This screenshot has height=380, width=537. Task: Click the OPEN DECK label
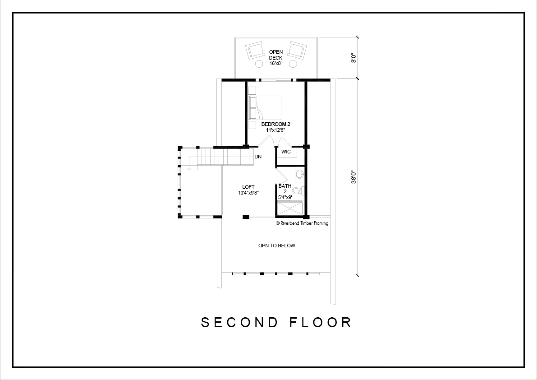coord(275,55)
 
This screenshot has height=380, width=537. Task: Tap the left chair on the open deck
coord(254,50)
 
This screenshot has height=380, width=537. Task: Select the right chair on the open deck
coord(297,50)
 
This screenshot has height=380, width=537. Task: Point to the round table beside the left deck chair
coord(258,64)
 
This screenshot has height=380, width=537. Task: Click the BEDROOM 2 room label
coord(275,124)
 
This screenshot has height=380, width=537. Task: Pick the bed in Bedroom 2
coord(266,107)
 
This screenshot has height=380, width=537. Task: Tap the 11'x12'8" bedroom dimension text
coord(275,130)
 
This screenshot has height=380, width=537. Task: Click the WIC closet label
coord(286,152)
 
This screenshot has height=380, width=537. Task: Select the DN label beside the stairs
coord(258,157)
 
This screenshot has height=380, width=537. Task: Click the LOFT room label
coord(248,187)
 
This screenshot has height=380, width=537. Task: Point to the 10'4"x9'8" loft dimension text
coord(248,193)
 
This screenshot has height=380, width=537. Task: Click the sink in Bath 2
coord(299,174)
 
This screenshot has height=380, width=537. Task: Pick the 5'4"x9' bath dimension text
coord(285,197)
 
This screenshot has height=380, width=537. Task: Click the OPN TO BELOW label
coord(277,246)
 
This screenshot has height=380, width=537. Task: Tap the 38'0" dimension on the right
coord(354,177)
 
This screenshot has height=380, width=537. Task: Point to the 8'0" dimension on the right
coord(354,58)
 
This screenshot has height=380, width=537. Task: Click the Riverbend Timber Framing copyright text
coord(302,223)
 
